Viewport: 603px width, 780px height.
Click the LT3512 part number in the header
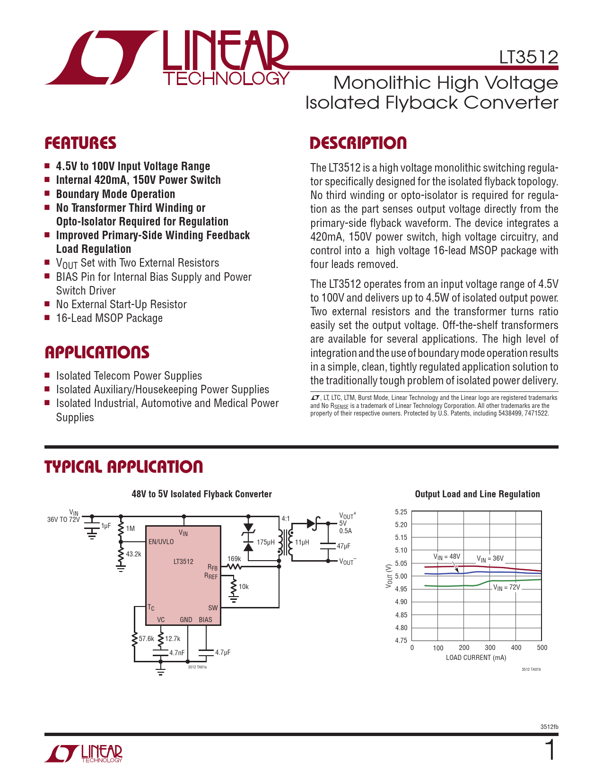[x=529, y=57]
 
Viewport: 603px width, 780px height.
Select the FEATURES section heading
[x=80, y=143]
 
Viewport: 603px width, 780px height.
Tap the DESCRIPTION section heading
[x=358, y=143]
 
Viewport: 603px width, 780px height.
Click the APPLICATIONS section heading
[x=97, y=352]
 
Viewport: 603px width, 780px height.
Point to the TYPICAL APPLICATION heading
[x=123, y=467]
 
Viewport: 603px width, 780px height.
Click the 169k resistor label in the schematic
[x=234, y=559]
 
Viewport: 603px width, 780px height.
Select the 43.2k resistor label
[x=133, y=554]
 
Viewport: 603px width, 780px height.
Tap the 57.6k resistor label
[x=146, y=639]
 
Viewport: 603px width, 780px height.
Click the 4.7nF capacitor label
[x=177, y=653]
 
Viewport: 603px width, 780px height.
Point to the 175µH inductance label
[x=265, y=542]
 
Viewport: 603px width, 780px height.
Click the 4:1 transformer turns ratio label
[x=286, y=519]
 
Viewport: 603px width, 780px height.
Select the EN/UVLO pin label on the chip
[x=161, y=542]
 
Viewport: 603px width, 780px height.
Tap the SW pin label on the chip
[x=213, y=608]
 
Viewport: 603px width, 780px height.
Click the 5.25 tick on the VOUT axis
[x=401, y=512]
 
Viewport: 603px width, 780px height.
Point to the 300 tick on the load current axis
[x=490, y=648]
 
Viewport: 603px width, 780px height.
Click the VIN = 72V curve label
[x=507, y=588]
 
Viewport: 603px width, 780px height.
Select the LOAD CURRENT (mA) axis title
[x=476, y=658]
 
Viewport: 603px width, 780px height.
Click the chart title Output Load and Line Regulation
[x=477, y=494]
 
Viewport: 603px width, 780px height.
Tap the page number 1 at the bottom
[x=550, y=751]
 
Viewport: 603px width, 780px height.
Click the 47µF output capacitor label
[x=343, y=546]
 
